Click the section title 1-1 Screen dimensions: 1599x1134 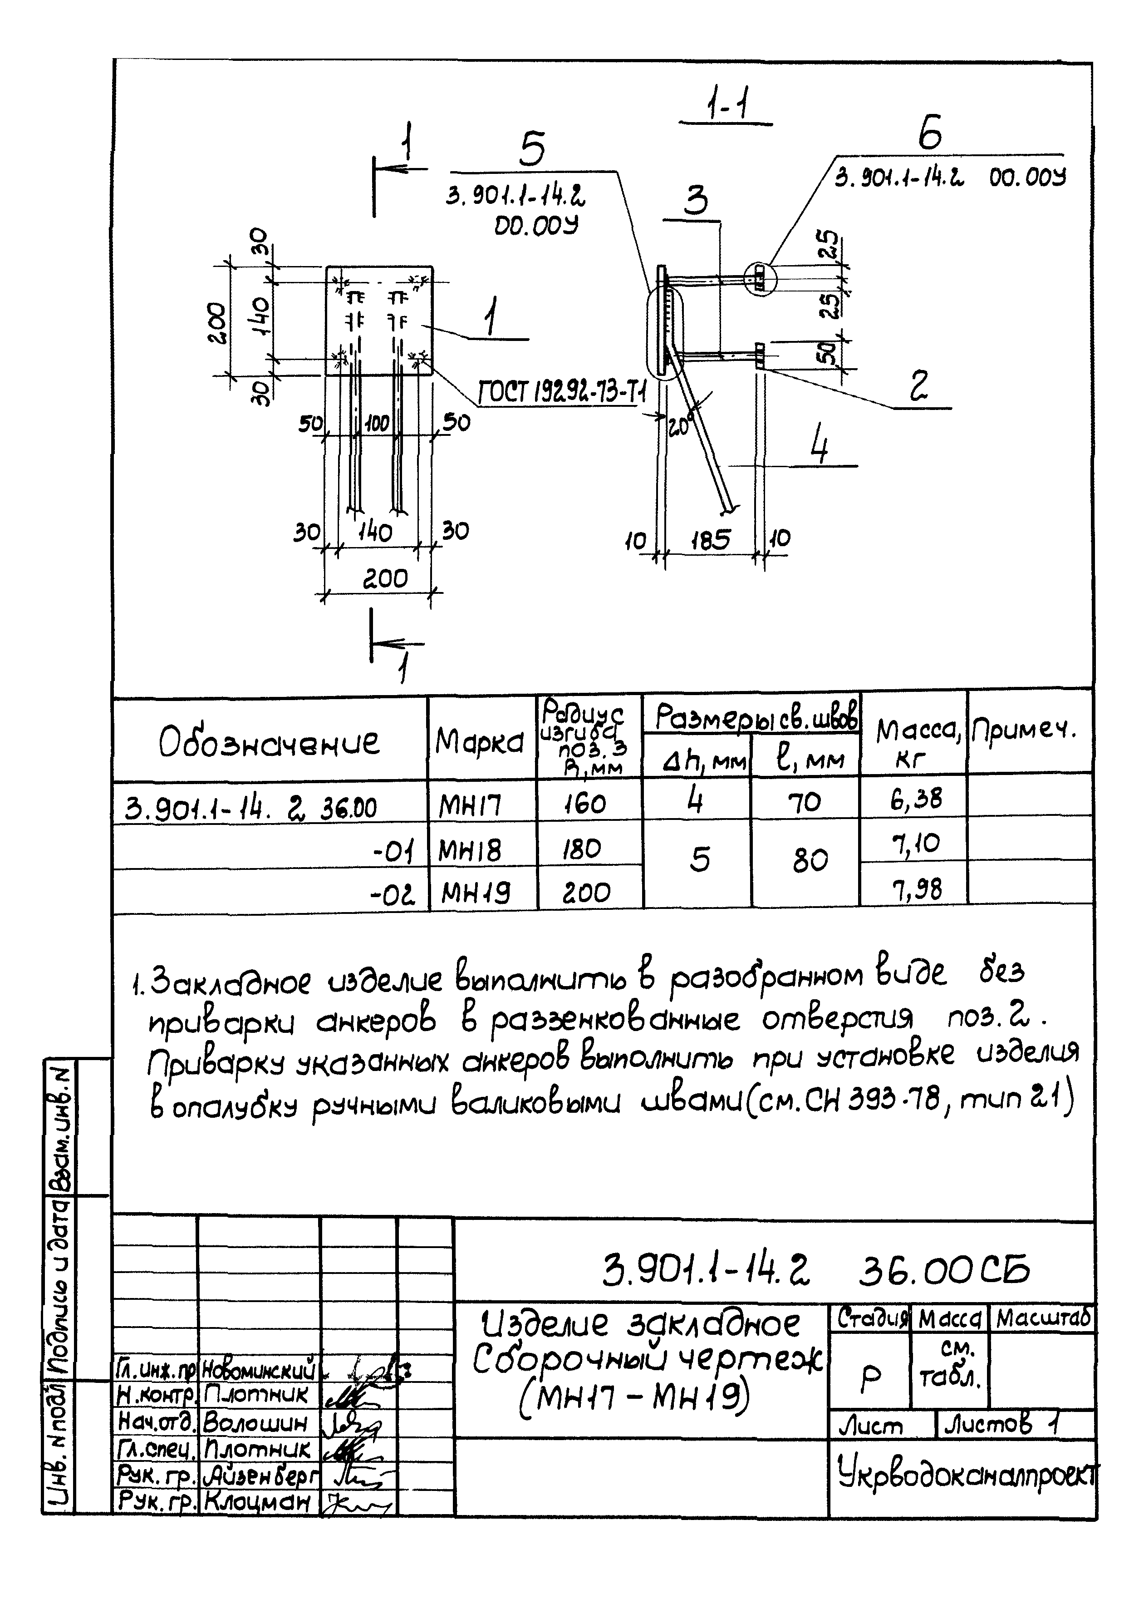tap(726, 105)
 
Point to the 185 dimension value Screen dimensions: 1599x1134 tap(710, 539)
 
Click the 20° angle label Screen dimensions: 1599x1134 tap(679, 425)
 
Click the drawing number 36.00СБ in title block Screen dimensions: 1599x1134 tap(944, 1271)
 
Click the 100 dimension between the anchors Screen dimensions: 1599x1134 tap(377, 423)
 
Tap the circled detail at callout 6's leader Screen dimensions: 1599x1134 tap(760, 279)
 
